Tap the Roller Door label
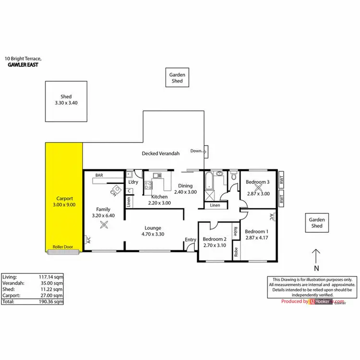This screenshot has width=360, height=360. [62, 249]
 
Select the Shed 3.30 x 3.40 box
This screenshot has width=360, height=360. [66, 101]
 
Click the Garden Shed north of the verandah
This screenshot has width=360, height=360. [177, 78]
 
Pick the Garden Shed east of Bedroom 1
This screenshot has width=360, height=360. [317, 222]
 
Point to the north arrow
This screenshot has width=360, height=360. [315, 256]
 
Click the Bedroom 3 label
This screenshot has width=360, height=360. [257, 182]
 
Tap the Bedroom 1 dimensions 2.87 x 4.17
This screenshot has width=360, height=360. [256, 237]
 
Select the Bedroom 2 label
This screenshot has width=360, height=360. [214, 239]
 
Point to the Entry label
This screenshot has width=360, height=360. [191, 240]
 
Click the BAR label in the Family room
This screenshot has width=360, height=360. [99, 176]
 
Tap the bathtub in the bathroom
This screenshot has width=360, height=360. [208, 181]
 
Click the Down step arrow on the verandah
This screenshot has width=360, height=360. [198, 151]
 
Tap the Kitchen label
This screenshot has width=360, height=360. [159, 197]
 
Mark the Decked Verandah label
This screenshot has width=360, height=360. [161, 154]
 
